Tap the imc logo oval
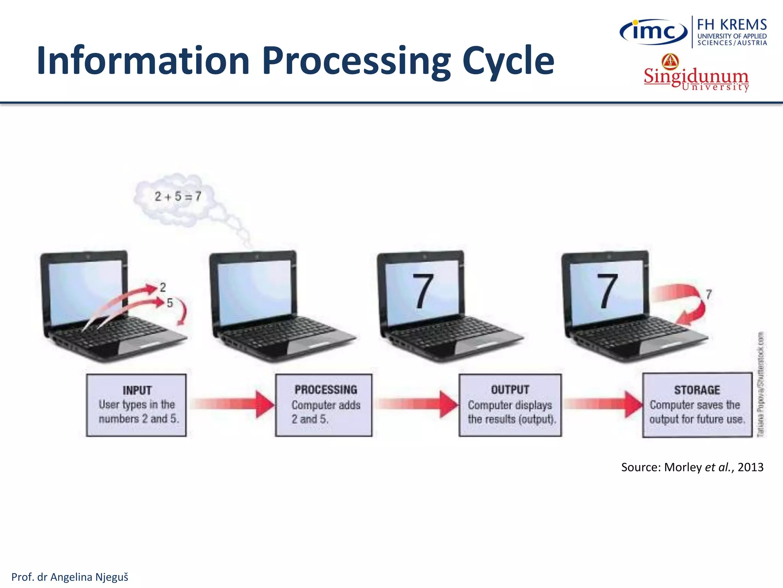653,31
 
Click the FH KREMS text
731,25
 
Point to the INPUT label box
136,405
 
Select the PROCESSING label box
324,405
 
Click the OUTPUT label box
510,405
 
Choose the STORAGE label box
697,405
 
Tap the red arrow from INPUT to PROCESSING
233,404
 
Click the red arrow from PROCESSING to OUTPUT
417,404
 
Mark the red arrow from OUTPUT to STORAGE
603,404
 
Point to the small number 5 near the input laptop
170,303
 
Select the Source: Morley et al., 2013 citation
692,467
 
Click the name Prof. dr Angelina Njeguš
70,577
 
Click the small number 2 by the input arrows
163,287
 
